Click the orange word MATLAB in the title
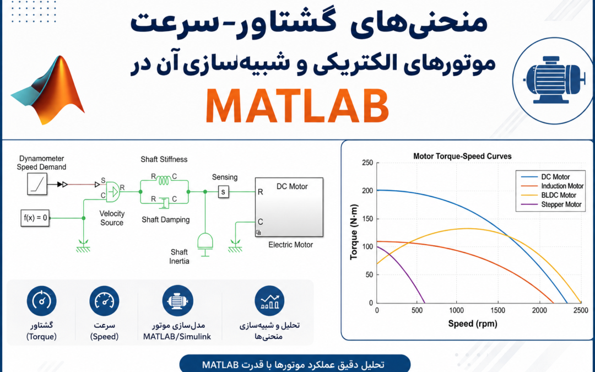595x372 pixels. point(297,106)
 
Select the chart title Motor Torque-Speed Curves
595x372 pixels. point(462,157)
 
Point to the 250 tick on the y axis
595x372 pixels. point(367,163)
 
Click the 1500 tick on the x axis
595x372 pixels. point(497,310)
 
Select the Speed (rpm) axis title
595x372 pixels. point(473,324)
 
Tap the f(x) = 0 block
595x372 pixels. point(35,218)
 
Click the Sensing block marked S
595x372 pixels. point(223,192)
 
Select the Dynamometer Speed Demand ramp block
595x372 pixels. point(37,184)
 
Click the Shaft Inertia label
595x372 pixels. point(179,257)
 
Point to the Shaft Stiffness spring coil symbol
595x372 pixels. point(164,180)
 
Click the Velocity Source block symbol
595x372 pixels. point(113,192)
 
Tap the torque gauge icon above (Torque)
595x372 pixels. point(42,301)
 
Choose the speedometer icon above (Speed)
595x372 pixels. point(104,301)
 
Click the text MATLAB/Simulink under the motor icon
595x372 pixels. point(177,337)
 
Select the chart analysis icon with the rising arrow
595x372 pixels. point(270,301)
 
